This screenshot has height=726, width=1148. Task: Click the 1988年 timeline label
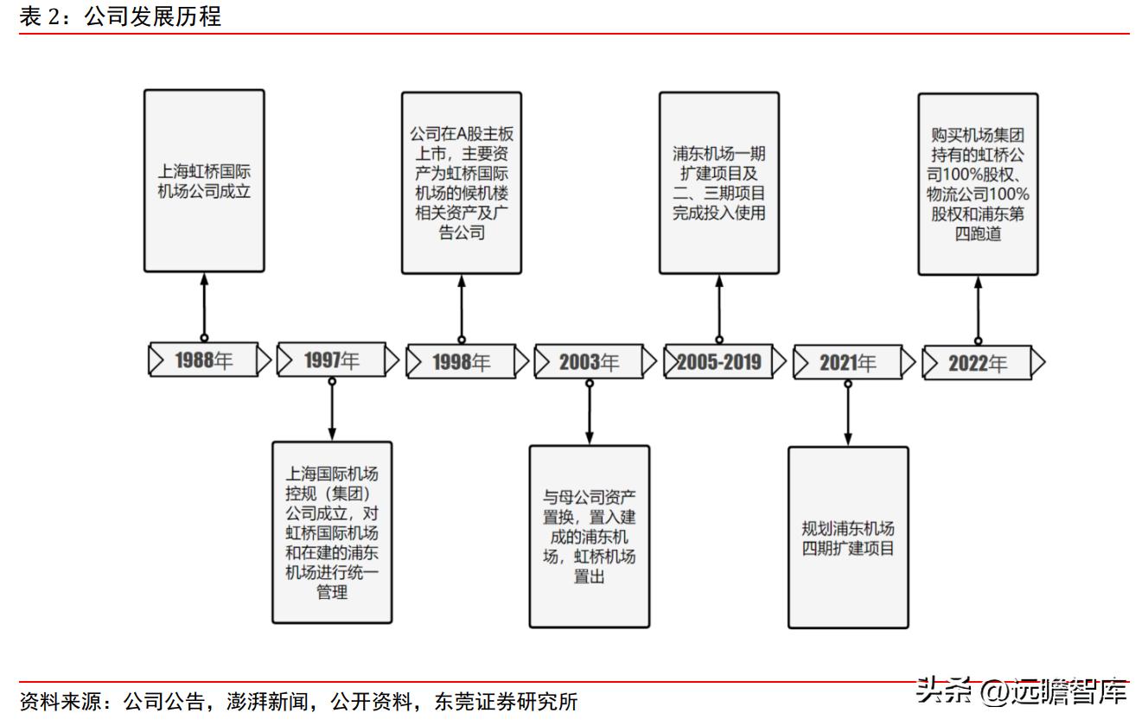coord(204,360)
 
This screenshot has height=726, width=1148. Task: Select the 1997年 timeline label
coord(332,361)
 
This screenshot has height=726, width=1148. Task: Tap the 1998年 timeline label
coord(461,362)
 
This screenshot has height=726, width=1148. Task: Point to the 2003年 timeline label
coord(589,362)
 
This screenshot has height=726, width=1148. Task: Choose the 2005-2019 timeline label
coord(718,362)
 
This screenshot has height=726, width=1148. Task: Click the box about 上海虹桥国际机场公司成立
coord(204,181)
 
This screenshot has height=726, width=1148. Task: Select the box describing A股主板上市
coord(462,183)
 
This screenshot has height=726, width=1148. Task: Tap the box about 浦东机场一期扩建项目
coord(719,183)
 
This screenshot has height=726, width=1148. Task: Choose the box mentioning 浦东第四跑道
coord(978,184)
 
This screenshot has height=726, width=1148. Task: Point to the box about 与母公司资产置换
coord(589,536)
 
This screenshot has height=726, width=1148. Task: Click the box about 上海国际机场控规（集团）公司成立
coord(332,532)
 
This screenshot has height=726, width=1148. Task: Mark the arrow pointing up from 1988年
coord(204,306)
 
